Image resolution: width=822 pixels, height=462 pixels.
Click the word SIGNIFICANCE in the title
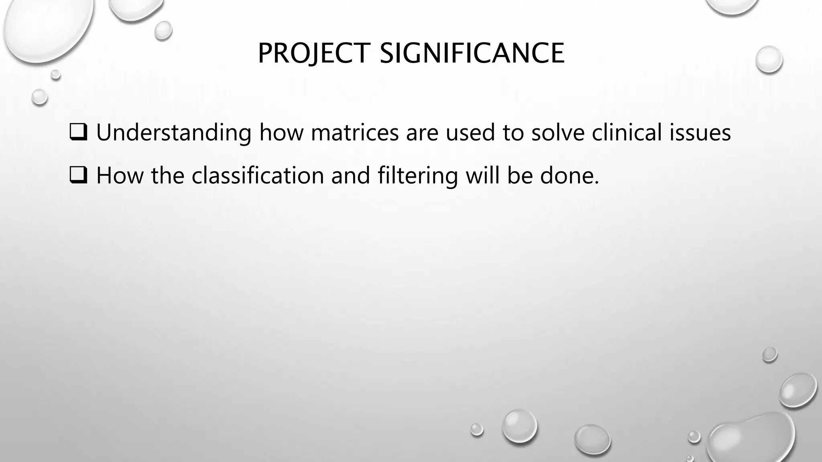pyautogui.click(x=472, y=53)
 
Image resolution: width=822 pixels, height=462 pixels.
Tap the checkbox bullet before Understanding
pyautogui.click(x=78, y=132)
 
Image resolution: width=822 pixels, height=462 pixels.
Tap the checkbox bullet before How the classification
pyautogui.click(x=78, y=176)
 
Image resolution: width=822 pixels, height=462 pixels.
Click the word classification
pyautogui.click(x=258, y=176)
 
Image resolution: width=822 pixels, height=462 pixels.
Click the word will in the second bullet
pyautogui.click(x=483, y=176)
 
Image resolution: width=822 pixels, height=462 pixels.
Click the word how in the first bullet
pyautogui.click(x=281, y=132)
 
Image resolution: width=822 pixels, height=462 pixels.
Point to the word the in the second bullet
pyautogui.click(x=167, y=176)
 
